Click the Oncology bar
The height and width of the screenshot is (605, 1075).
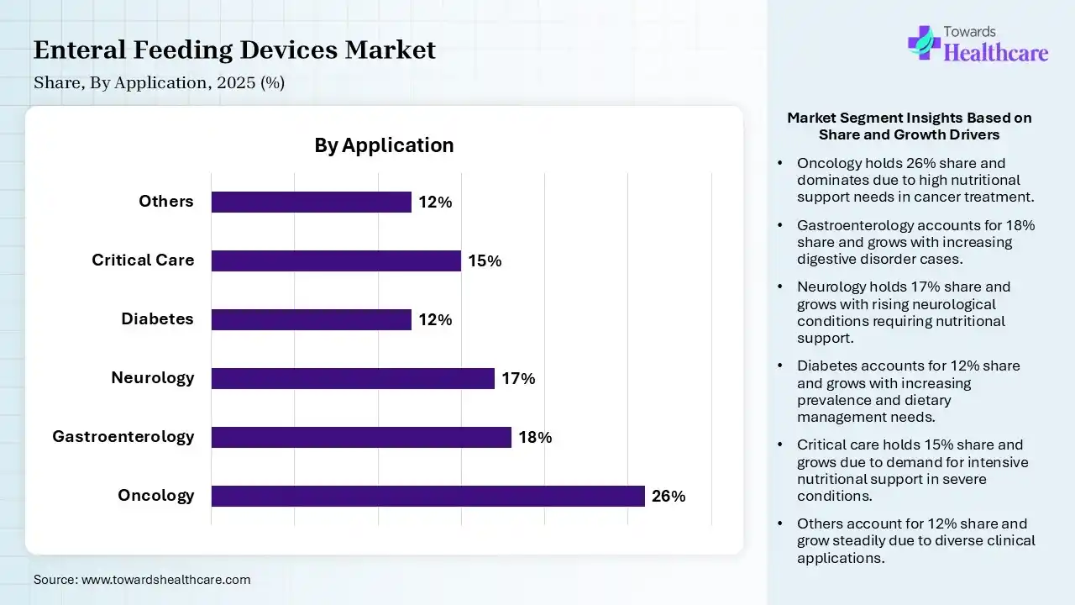tap(427, 496)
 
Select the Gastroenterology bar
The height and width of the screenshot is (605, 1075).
tap(361, 437)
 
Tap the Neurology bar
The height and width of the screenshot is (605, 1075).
tap(353, 378)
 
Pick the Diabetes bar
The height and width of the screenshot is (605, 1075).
tap(311, 319)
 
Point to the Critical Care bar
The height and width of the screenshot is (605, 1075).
tap(336, 260)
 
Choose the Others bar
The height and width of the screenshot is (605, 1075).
tap(311, 202)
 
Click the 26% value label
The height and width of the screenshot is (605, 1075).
tap(669, 497)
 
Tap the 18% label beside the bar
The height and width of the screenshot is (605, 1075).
tap(535, 438)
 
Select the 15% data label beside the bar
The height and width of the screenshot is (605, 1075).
tap(485, 261)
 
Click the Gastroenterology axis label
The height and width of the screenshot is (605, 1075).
tap(123, 436)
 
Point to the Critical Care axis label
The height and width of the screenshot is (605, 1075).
tap(143, 260)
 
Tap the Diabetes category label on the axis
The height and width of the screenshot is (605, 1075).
tap(157, 318)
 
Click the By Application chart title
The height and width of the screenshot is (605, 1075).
tap(384, 145)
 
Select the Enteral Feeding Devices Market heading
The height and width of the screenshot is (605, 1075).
tap(234, 50)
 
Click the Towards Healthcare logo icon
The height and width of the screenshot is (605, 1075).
tap(923, 42)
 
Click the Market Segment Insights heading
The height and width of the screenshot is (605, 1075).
tap(909, 126)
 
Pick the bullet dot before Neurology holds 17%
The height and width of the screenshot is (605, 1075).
tap(781, 287)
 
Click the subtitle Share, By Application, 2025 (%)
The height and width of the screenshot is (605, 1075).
tap(159, 83)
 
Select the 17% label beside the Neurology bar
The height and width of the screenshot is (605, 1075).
tap(518, 379)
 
